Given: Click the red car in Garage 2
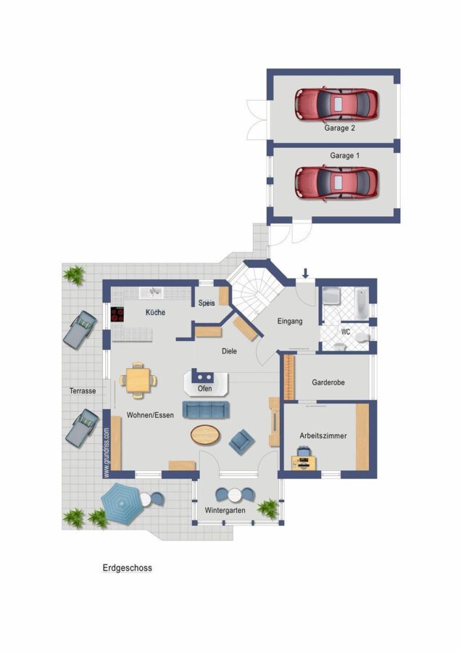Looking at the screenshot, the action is (x=336, y=104).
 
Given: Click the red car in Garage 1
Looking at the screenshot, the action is (x=336, y=183).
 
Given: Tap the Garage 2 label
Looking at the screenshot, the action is (x=339, y=128).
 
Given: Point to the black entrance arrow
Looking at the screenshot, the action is (x=305, y=274).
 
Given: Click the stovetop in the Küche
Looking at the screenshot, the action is (x=117, y=314).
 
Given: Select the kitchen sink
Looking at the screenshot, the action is (x=151, y=293).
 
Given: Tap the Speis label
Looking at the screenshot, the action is (x=207, y=303).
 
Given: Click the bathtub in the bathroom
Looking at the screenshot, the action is (x=361, y=303).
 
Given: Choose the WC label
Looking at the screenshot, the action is (x=345, y=332).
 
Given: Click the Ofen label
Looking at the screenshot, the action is (x=204, y=389).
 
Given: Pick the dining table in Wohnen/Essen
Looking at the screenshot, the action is (x=138, y=380).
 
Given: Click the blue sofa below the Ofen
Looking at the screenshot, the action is (x=206, y=410).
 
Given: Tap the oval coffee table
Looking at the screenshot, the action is (x=205, y=435).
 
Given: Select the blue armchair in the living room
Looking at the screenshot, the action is (x=241, y=442).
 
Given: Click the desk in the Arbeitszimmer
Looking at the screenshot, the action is (x=304, y=463).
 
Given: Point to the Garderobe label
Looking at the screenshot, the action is (x=328, y=382).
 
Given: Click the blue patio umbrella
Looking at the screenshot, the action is (x=121, y=504).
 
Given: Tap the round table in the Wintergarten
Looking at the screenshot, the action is (x=235, y=495).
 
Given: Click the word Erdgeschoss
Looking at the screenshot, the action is (x=128, y=567).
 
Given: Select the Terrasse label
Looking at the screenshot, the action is (x=83, y=391).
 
